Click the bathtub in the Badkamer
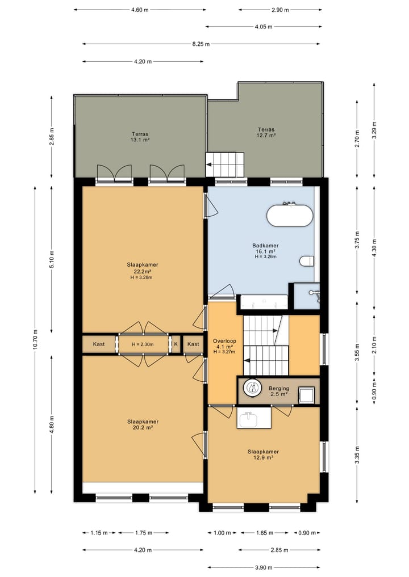(290, 216)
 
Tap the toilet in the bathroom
(307, 261)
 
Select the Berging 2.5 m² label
(278, 391)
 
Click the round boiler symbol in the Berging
(253, 388)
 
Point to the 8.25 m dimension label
(201, 44)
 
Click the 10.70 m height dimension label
(35, 339)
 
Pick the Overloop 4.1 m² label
(224, 346)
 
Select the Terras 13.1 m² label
(140, 137)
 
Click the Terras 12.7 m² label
(266, 132)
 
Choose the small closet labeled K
(176, 344)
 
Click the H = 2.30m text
(143, 344)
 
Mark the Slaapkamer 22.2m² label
(142, 271)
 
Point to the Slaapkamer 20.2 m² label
(143, 424)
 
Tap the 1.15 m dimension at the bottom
(99, 533)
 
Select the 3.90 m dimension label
(264, 567)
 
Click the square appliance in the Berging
(306, 395)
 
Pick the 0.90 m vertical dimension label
(374, 391)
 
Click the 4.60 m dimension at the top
(140, 10)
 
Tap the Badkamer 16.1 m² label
(265, 251)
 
